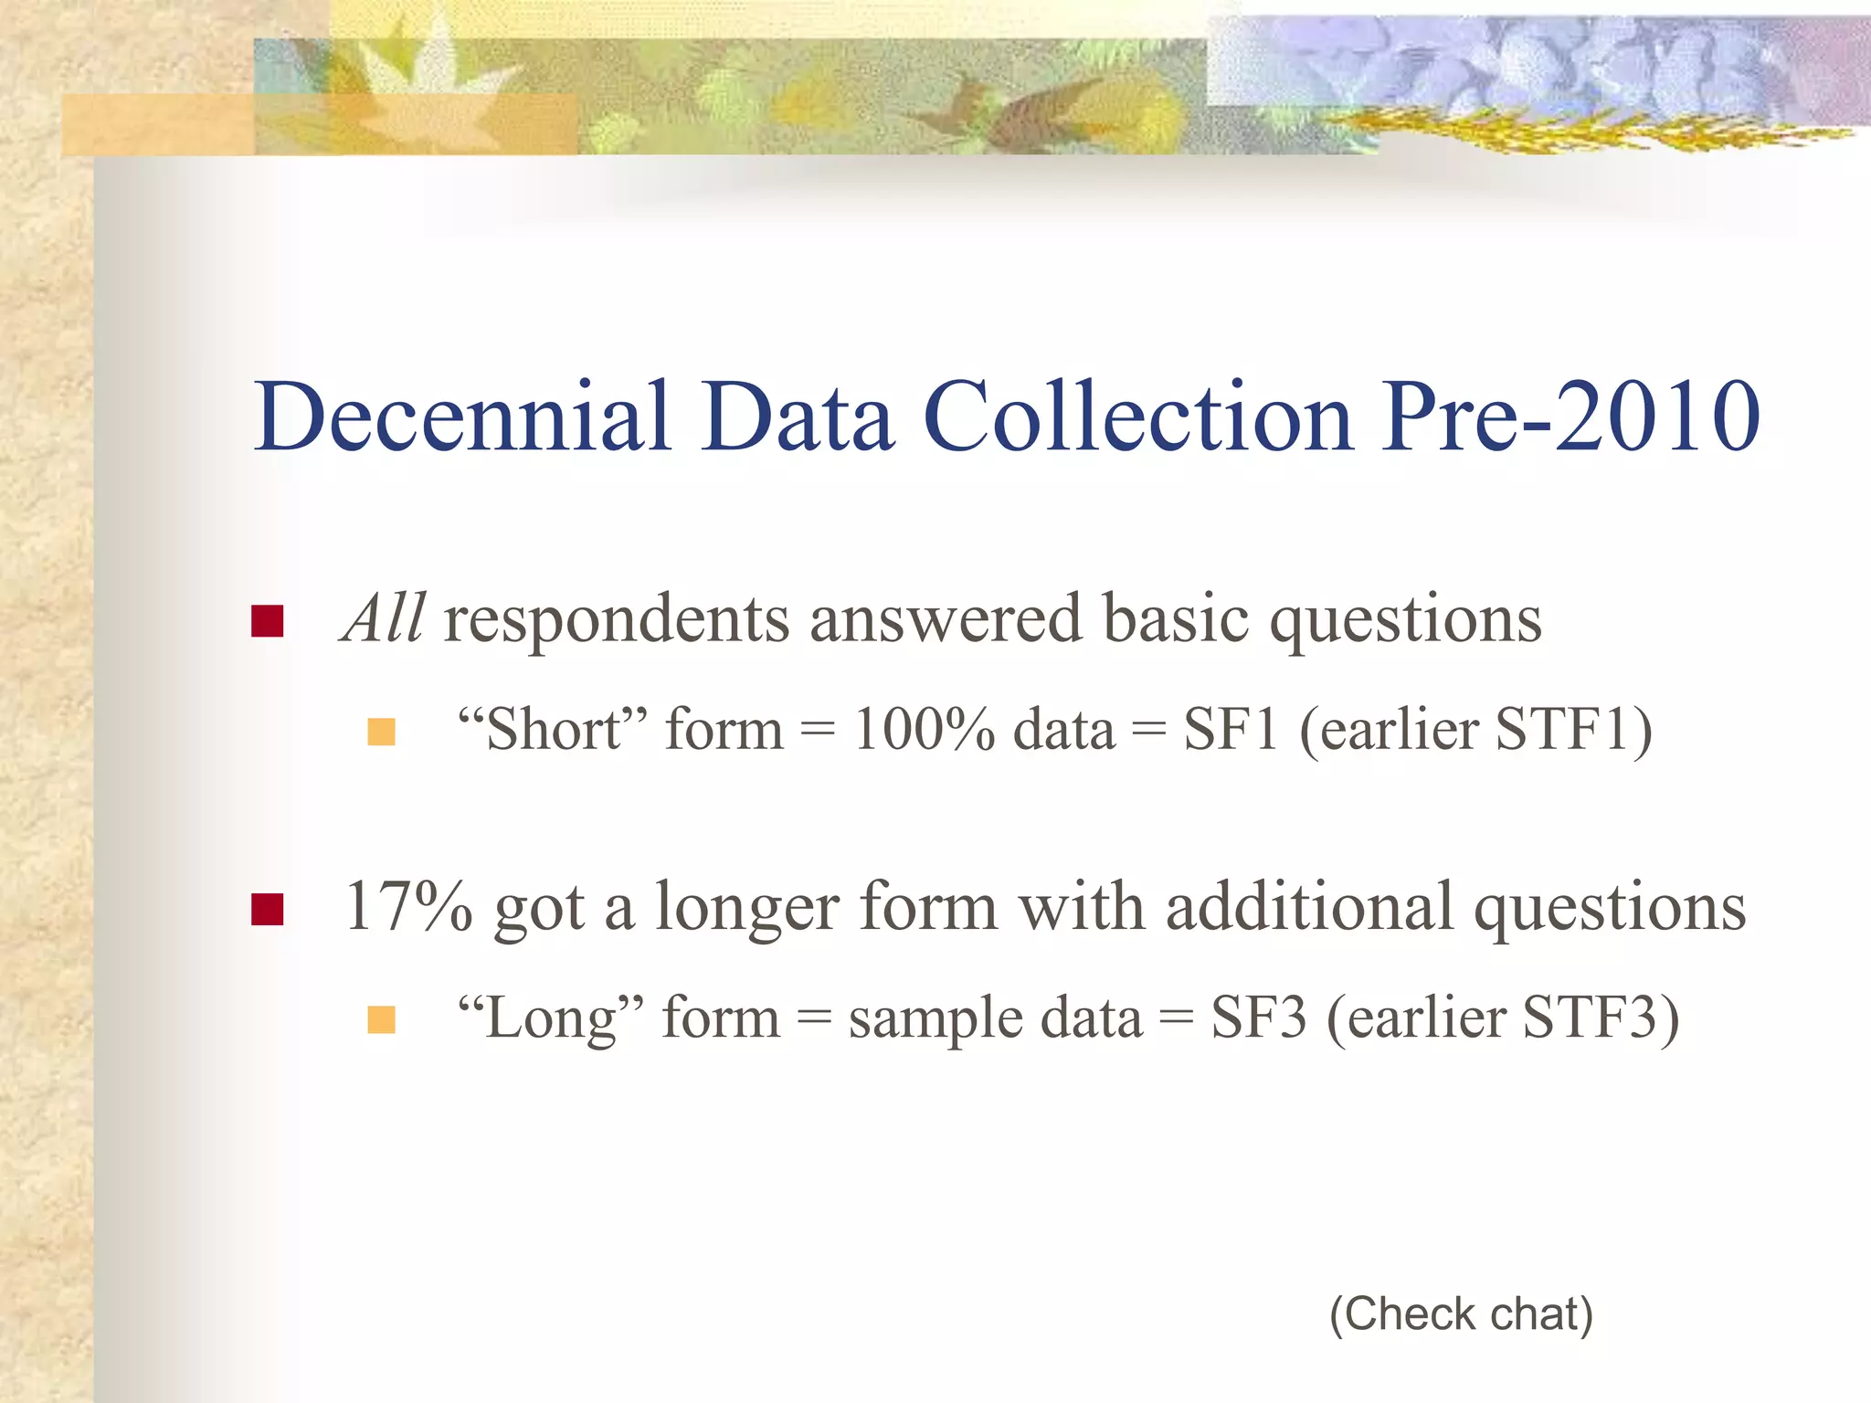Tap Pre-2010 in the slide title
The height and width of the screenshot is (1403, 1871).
(1570, 417)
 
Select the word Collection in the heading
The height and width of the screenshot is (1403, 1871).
(1137, 417)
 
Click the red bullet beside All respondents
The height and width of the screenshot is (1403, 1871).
(267, 621)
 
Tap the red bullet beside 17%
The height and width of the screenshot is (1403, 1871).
(267, 909)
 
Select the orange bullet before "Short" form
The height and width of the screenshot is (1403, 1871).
(381, 732)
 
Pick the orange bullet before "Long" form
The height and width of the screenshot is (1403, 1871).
(381, 1019)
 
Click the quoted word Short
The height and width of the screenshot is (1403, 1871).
(553, 731)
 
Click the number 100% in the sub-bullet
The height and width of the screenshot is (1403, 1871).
(924, 731)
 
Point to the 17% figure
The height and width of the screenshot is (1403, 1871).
(408, 907)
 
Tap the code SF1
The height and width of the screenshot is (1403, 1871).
(1230, 731)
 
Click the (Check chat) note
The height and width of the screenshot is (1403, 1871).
(1461, 1314)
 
